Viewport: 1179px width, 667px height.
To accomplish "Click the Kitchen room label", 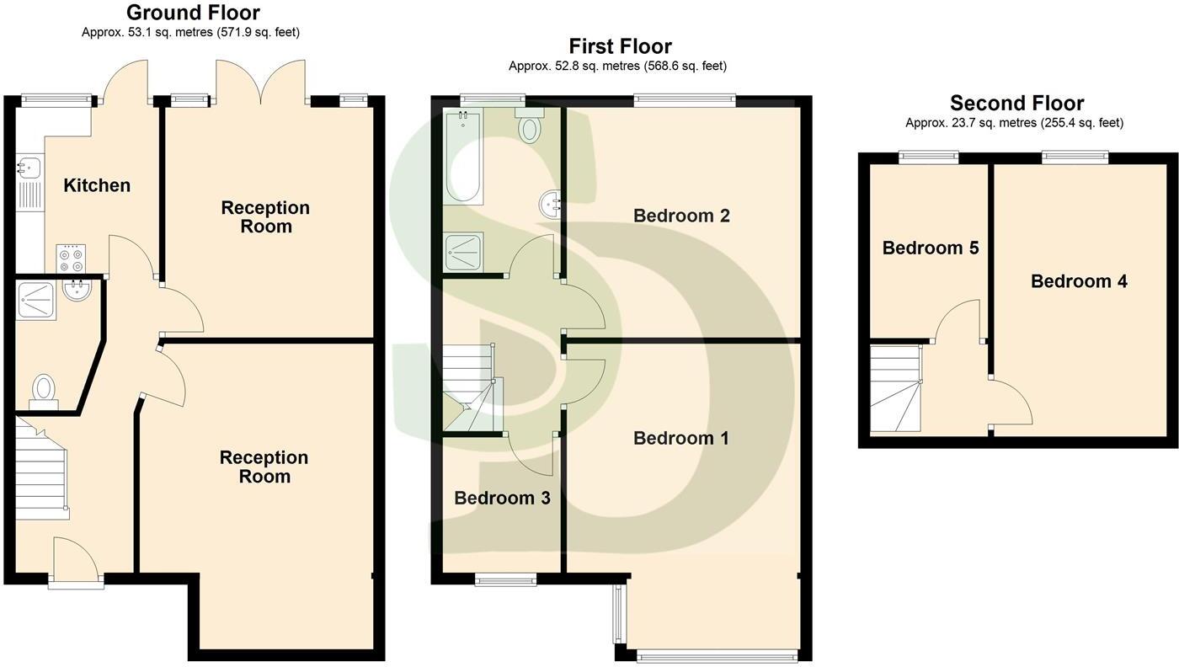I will (x=97, y=185).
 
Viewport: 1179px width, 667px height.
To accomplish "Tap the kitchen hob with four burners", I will (x=71, y=257).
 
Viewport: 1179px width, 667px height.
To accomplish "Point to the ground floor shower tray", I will (x=35, y=299).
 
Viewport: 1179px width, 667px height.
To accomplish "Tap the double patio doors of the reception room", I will (x=260, y=84).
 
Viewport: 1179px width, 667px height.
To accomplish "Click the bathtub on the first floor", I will (x=465, y=157).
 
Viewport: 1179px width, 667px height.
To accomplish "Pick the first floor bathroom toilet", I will (x=530, y=125).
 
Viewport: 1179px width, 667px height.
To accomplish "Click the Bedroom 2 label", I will (x=681, y=216).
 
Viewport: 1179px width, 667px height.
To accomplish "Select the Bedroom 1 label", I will (x=681, y=438).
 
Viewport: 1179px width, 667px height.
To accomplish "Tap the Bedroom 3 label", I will (x=502, y=498).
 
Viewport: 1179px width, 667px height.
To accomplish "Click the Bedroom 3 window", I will (x=505, y=579).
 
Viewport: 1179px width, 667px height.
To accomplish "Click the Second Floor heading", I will (x=1016, y=104).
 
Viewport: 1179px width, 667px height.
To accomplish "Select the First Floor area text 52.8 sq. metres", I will (x=617, y=66).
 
